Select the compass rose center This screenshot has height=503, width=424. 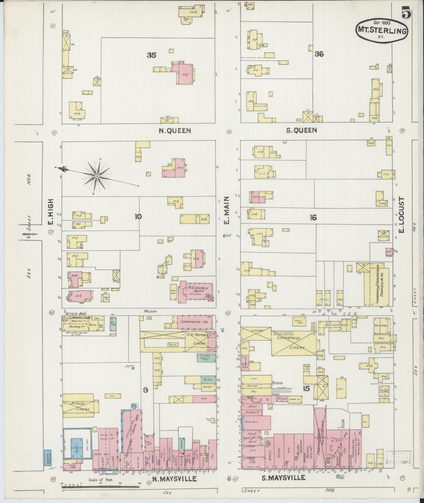pyautogui.click(x=97, y=176)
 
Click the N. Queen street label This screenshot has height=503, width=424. pyautogui.click(x=175, y=131)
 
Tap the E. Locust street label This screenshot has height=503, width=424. pyautogui.click(x=401, y=215)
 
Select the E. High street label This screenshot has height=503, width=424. pyautogui.click(x=51, y=213)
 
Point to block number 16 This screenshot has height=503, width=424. pyautogui.click(x=313, y=217)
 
